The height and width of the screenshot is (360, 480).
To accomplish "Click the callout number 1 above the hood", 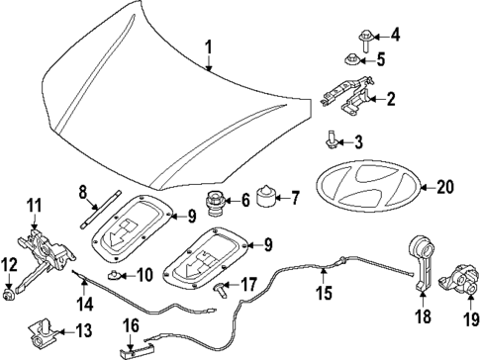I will (209, 46).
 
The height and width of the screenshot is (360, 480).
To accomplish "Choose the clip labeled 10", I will (117, 273).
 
